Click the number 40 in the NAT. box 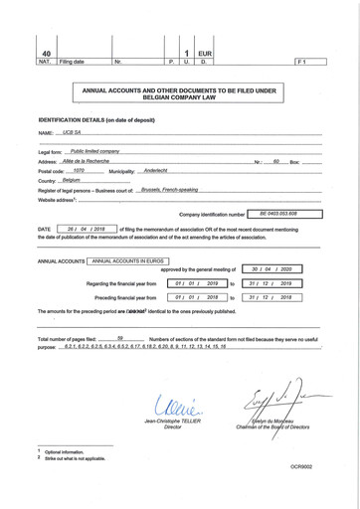pyautogui.click(x=45, y=53)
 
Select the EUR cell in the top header pyautogui.click(x=205, y=53)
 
